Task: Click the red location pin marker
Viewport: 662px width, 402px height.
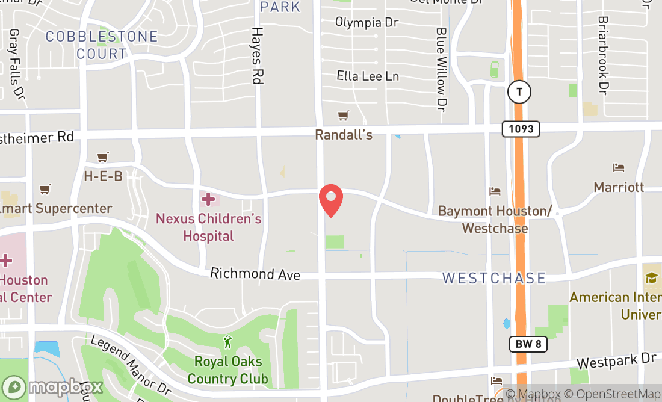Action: [x=330, y=200]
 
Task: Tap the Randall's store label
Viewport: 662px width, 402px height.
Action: [x=344, y=135]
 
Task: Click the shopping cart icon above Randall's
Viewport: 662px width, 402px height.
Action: [x=344, y=116]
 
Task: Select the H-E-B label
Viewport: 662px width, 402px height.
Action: [x=103, y=176]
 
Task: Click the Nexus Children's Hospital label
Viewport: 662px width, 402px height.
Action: [x=208, y=227]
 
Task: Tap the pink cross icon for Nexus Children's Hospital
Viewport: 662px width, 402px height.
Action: [x=208, y=199]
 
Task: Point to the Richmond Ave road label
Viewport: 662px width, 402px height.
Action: [x=255, y=274]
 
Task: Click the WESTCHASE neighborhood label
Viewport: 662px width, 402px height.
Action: [x=494, y=278]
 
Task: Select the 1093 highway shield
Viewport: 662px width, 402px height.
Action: [x=521, y=128]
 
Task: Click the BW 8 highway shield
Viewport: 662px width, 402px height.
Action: [x=529, y=344]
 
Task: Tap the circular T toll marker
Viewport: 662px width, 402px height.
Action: [x=519, y=92]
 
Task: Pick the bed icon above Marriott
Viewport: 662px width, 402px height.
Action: [x=619, y=168]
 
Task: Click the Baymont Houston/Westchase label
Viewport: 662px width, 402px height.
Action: [x=495, y=220]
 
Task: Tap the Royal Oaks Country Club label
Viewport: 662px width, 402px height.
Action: [x=227, y=370]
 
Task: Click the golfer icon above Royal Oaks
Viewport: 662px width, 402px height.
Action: [x=227, y=342]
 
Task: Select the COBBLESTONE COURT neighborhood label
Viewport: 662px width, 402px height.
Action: [x=102, y=45]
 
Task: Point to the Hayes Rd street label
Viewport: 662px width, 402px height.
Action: [x=258, y=55]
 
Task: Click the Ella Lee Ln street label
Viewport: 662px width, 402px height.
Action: [x=368, y=76]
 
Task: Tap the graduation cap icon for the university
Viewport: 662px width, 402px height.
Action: [x=651, y=277]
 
